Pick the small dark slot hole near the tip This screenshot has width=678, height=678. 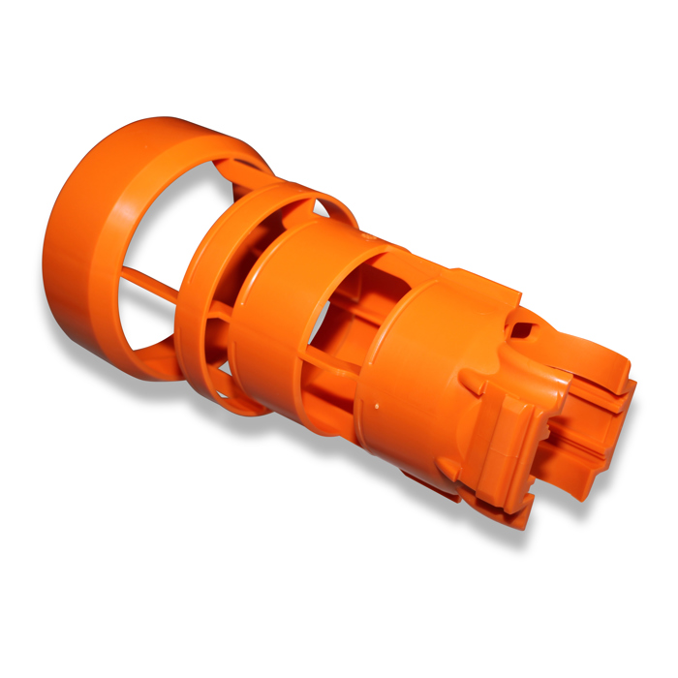pyautogui.click(x=524, y=330)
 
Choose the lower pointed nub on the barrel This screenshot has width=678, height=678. pyautogui.click(x=448, y=470)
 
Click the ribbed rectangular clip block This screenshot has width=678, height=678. pyautogui.click(x=508, y=426)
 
